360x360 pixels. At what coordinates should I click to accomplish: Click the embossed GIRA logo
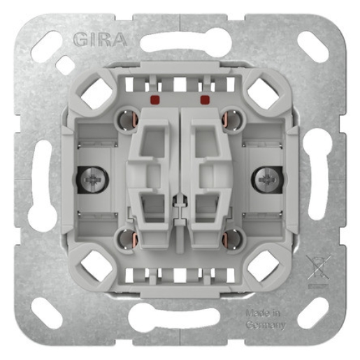(99, 39)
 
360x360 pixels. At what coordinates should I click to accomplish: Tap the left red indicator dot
(154, 100)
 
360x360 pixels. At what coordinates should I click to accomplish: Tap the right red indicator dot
(205, 100)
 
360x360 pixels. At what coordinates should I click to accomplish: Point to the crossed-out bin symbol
(317, 269)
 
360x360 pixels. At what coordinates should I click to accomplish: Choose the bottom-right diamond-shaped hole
(264, 266)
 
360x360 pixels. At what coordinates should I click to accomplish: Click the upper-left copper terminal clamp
(128, 120)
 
